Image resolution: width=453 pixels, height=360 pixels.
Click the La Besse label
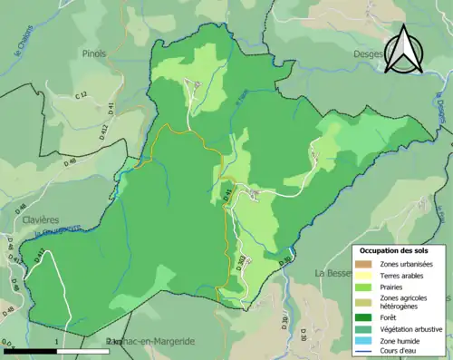(332, 272)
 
